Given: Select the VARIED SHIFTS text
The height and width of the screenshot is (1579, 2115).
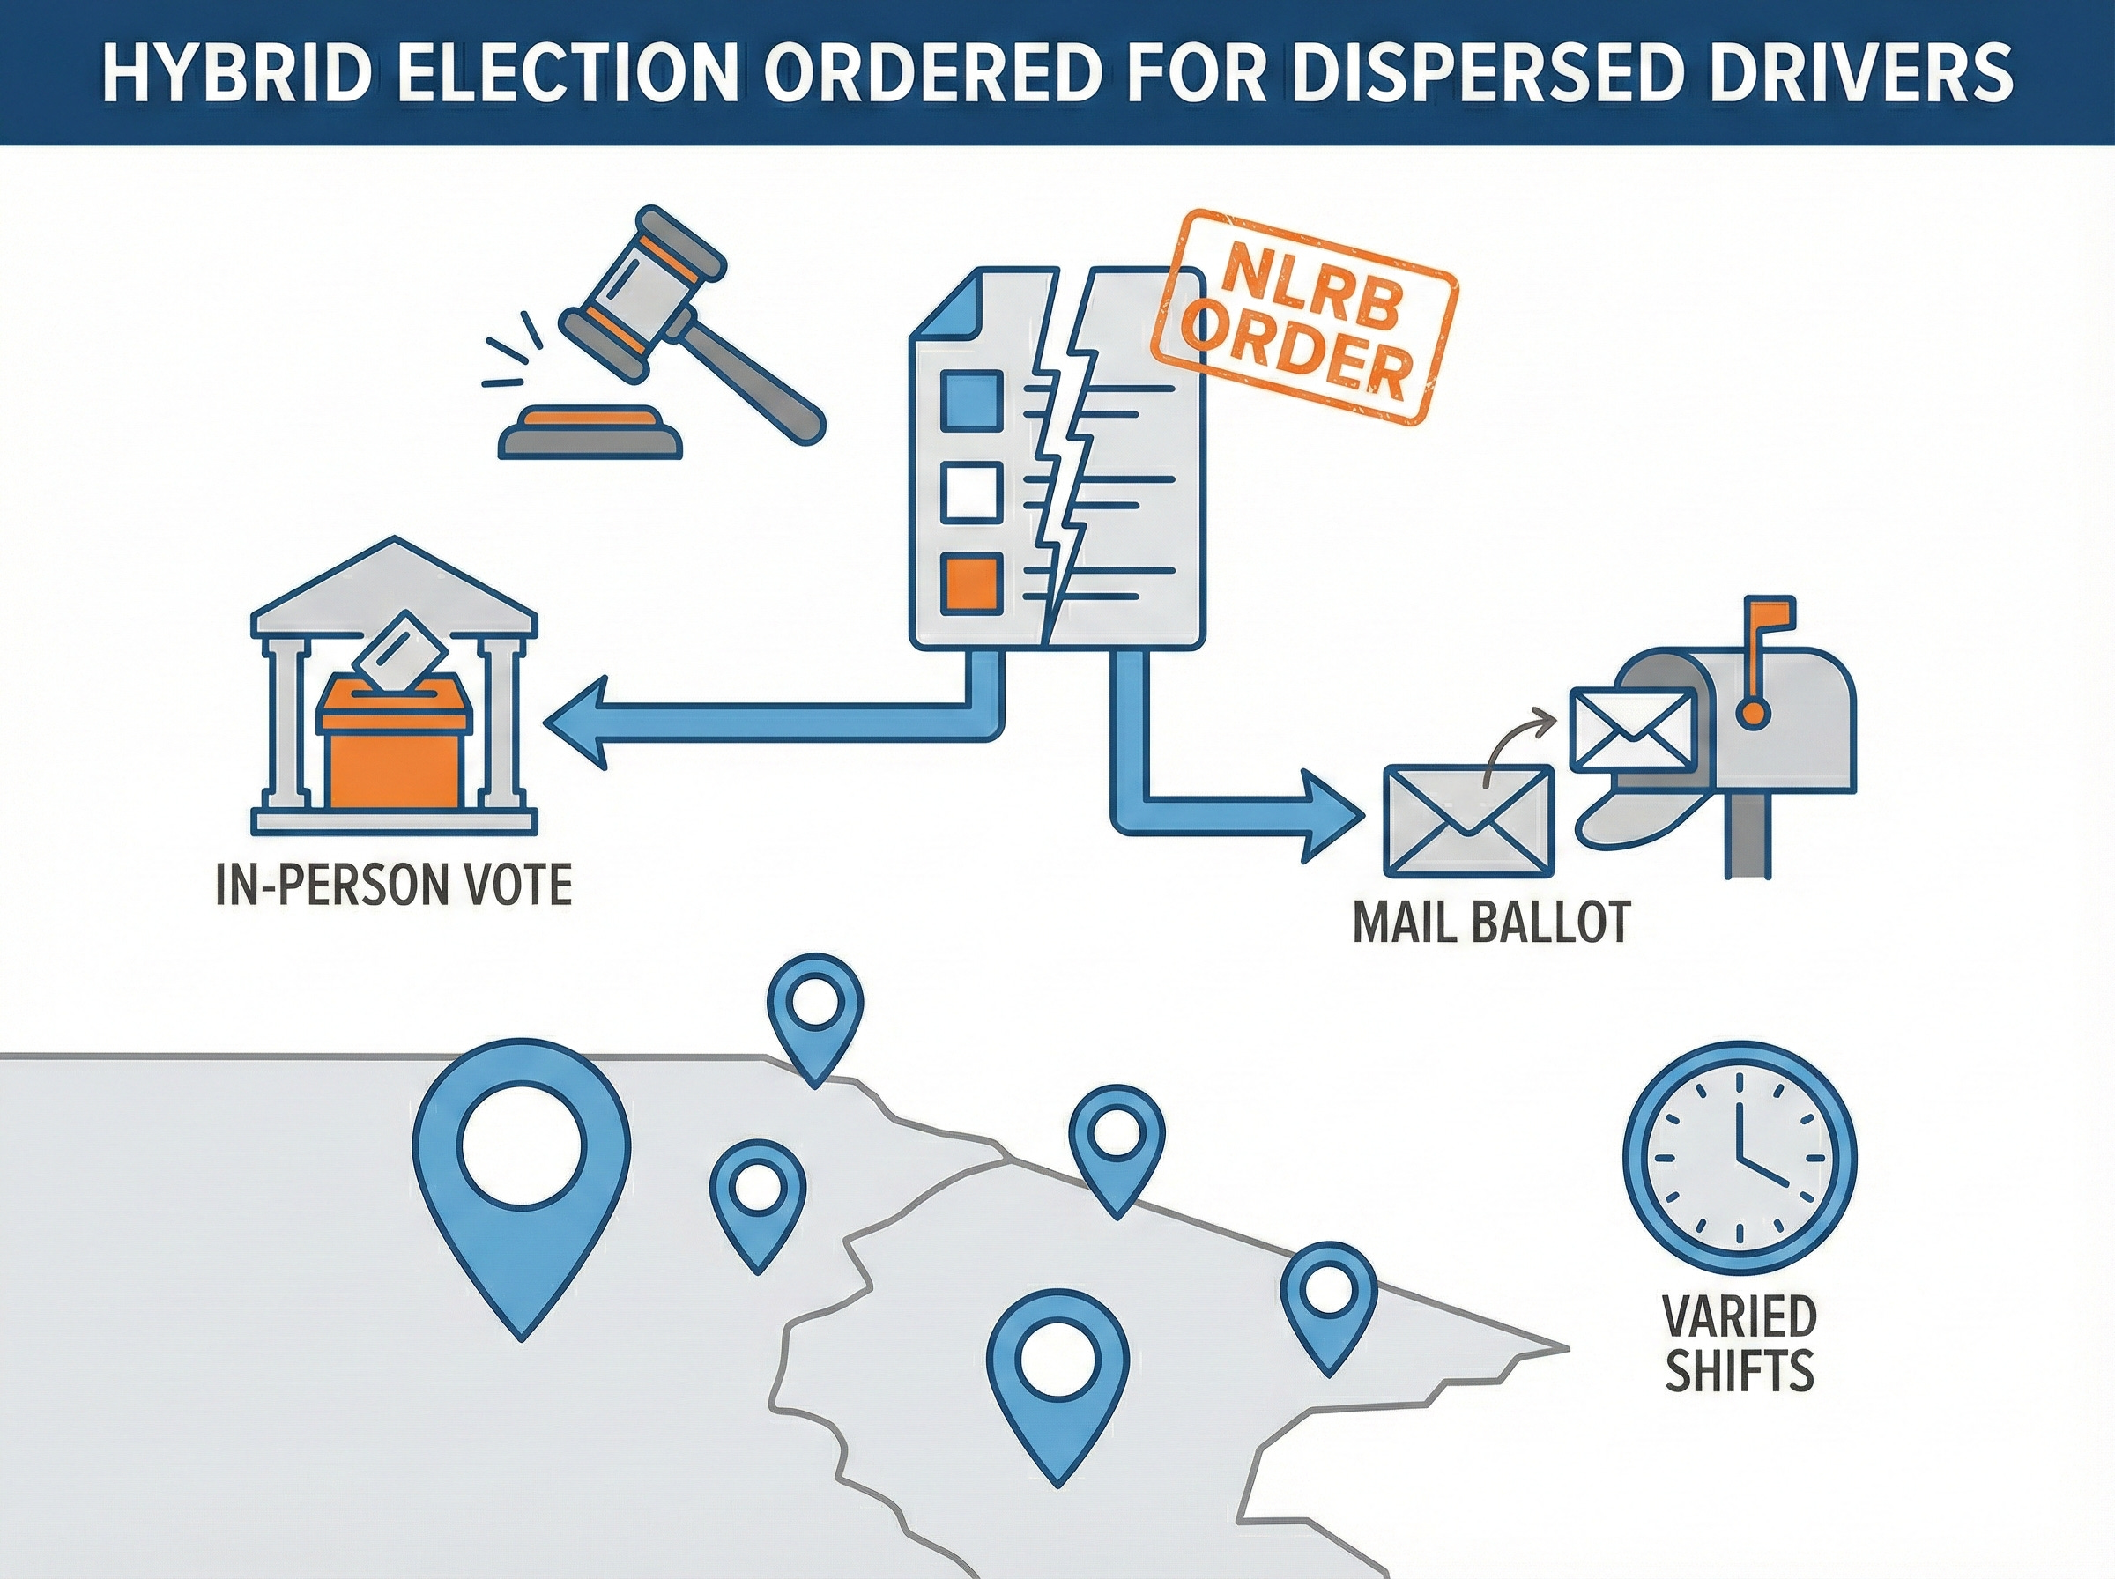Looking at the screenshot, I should [x=1739, y=1344].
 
